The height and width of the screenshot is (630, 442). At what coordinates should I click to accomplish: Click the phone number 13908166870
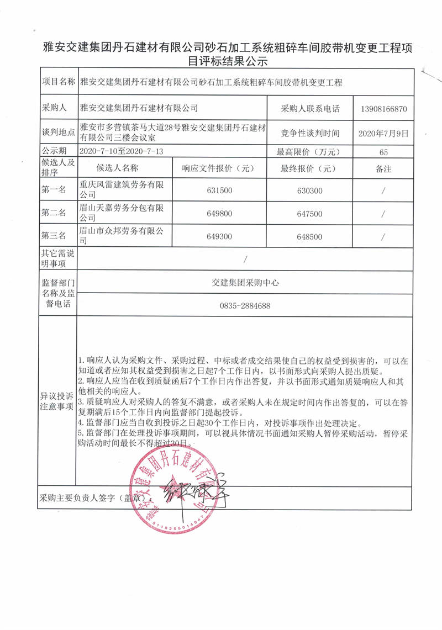coord(383,109)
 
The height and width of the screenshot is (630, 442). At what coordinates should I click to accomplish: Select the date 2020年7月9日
coord(383,133)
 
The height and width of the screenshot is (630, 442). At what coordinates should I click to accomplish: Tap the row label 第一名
coord(54,190)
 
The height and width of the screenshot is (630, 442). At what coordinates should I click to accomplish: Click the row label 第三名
coord(54,236)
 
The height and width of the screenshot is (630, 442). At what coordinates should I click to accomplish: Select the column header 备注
coord(383,168)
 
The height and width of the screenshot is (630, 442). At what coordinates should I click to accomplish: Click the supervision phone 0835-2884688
coord(245,305)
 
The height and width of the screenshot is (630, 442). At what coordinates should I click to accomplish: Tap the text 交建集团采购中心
coord(245,282)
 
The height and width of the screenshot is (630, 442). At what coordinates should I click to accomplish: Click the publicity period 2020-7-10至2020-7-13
coord(123,151)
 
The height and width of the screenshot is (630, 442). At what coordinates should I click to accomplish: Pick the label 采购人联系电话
coord(310,109)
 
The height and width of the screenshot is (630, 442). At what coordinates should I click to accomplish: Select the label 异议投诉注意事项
coord(57,401)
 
